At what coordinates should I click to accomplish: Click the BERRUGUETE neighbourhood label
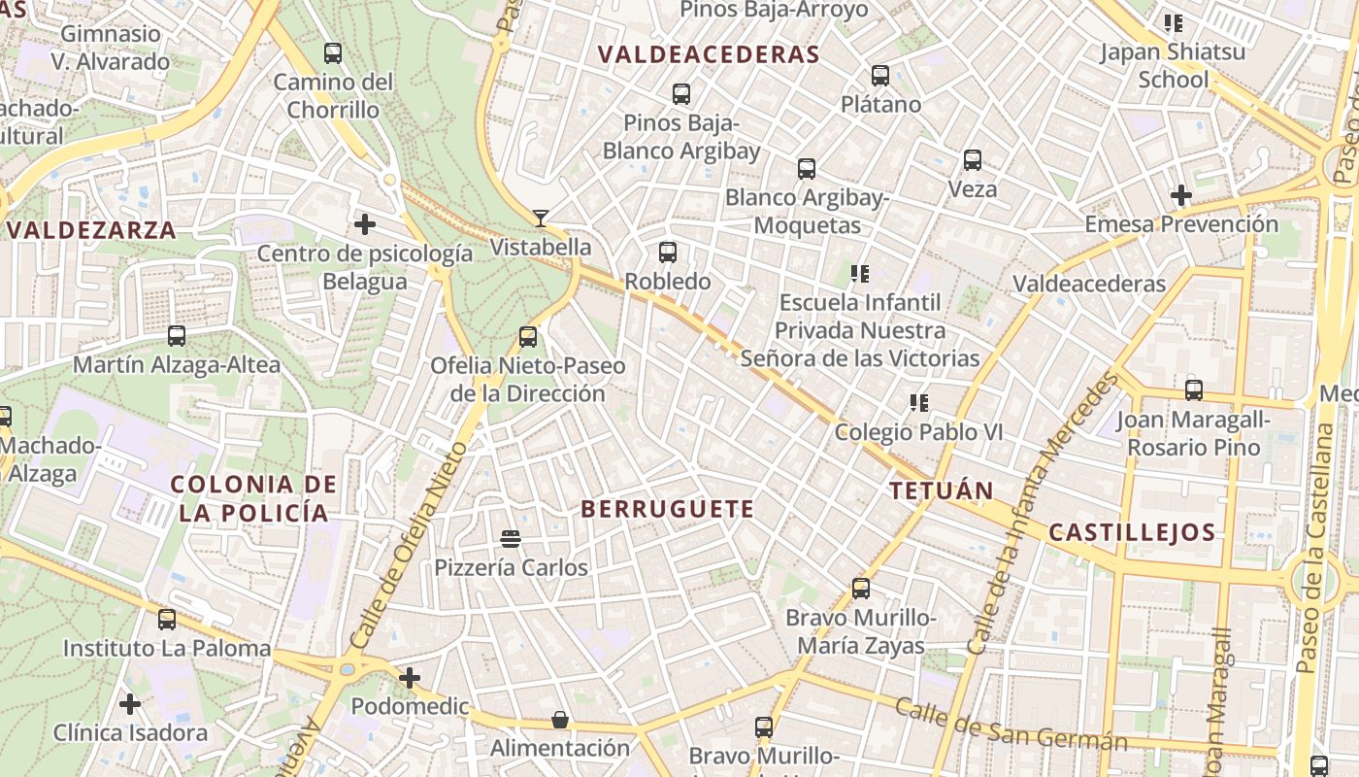click(667, 509)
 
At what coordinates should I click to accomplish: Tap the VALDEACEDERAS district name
click(709, 54)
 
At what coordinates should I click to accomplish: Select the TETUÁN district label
click(942, 490)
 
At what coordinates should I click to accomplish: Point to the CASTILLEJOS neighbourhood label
click(1132, 532)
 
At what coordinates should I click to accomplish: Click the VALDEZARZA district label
click(92, 230)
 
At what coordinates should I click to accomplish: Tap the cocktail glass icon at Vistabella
click(541, 219)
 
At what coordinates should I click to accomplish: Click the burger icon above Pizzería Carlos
click(511, 538)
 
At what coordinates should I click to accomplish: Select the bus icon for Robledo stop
click(668, 253)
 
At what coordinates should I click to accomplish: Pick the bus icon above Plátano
click(880, 75)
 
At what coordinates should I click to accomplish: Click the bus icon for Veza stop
click(973, 160)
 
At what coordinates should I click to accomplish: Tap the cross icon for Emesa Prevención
click(1180, 195)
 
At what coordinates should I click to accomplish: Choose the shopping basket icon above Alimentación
click(560, 720)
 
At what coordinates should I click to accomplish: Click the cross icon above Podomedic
click(410, 678)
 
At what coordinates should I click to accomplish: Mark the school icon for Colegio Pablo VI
click(918, 402)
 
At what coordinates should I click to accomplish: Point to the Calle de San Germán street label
click(1010, 725)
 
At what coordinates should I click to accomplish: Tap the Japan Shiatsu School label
click(1173, 65)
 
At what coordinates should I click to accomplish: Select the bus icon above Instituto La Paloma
click(167, 619)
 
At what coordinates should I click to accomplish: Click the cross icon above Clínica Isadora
click(130, 704)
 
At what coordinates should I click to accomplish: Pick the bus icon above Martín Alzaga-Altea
click(177, 336)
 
